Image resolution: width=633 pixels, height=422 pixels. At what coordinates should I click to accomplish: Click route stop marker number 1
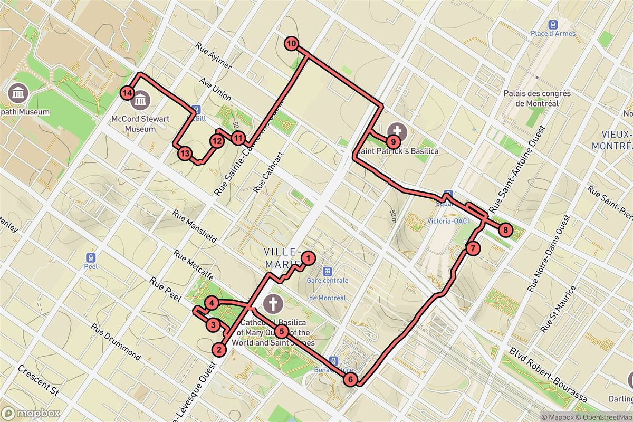309,258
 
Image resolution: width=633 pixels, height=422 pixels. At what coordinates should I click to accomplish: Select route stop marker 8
505,229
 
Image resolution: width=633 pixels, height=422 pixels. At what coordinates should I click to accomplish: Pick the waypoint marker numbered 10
291,44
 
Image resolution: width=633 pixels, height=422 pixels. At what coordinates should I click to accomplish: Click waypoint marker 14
126,93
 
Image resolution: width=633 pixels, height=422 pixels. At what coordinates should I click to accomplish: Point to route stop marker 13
184,154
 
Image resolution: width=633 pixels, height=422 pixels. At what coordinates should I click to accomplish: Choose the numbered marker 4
212,303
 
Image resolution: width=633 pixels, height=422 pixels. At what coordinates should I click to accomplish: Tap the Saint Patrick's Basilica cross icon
397,130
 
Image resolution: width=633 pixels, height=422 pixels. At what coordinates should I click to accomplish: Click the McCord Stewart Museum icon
142,98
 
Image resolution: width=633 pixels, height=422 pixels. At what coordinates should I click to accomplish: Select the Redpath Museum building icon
18,93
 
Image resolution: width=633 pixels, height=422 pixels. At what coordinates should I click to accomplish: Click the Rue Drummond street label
116,341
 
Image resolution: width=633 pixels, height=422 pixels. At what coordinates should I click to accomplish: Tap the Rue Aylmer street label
213,55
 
